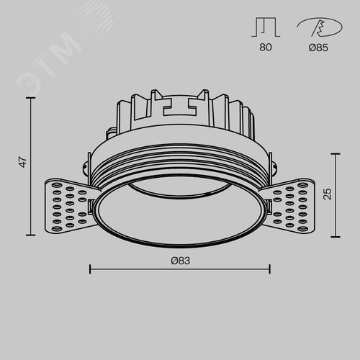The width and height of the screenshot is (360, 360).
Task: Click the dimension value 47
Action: coord(23,162)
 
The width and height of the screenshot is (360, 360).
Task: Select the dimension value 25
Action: coord(328,194)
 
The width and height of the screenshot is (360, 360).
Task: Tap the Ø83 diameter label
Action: coord(181,261)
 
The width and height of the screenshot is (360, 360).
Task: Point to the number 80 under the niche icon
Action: coord(266,47)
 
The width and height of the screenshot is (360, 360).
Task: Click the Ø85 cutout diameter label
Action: coord(318,48)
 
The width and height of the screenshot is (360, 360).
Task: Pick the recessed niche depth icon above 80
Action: coord(266,27)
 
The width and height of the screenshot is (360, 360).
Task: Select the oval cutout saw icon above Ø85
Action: coord(320,27)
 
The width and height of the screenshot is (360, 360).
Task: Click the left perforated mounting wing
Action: coord(70,205)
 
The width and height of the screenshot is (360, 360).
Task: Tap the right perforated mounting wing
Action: coord(289,206)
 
